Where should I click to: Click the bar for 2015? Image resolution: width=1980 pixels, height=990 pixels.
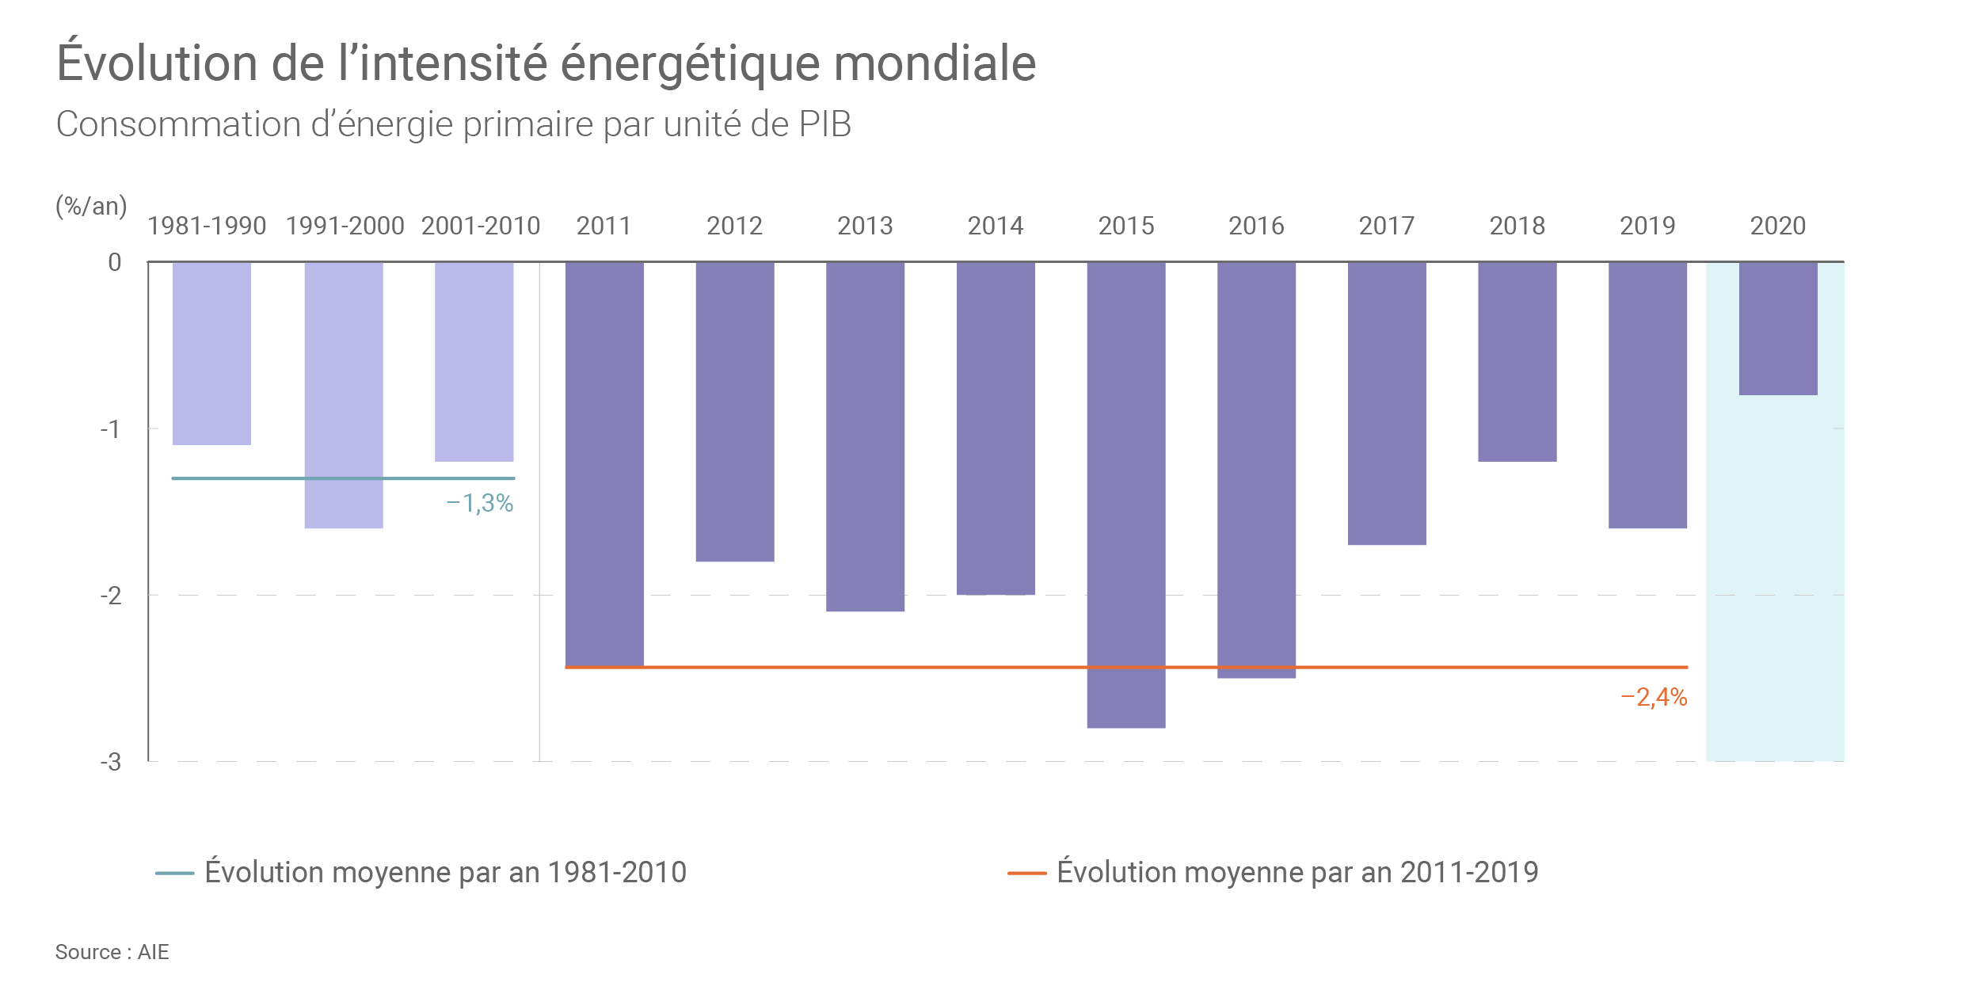(1125, 494)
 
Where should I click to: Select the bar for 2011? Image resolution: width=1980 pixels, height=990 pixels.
(604, 464)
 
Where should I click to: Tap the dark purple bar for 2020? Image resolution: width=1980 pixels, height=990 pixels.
(1778, 328)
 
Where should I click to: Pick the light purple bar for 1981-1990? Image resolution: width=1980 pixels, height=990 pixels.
(211, 353)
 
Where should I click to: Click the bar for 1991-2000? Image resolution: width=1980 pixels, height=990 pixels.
(344, 394)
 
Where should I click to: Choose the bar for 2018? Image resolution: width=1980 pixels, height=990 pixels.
(1517, 361)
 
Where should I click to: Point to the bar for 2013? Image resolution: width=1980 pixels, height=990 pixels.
(865, 436)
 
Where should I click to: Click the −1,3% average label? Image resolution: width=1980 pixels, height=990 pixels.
(480, 503)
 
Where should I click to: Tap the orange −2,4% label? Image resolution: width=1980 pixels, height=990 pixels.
(1654, 697)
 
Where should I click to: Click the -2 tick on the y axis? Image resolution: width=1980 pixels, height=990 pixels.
(111, 596)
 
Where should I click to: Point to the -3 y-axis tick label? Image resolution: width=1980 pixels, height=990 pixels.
(111, 762)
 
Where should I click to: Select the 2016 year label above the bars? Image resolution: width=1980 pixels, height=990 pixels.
(1256, 226)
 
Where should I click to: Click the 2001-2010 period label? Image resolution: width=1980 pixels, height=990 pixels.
(480, 226)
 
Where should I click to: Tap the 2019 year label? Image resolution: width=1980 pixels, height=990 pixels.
(1647, 226)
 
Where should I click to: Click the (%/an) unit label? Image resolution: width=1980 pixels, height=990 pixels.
(91, 206)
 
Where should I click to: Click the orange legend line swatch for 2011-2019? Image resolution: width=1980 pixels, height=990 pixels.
(1026, 874)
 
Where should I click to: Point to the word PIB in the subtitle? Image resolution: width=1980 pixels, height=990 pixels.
(824, 124)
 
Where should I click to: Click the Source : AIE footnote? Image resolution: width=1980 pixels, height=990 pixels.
(112, 952)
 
